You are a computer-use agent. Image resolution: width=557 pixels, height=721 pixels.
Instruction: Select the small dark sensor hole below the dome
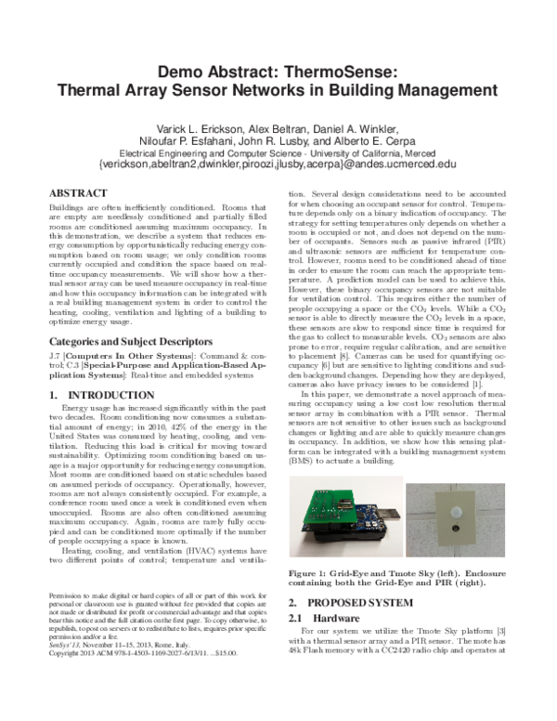(456, 536)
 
